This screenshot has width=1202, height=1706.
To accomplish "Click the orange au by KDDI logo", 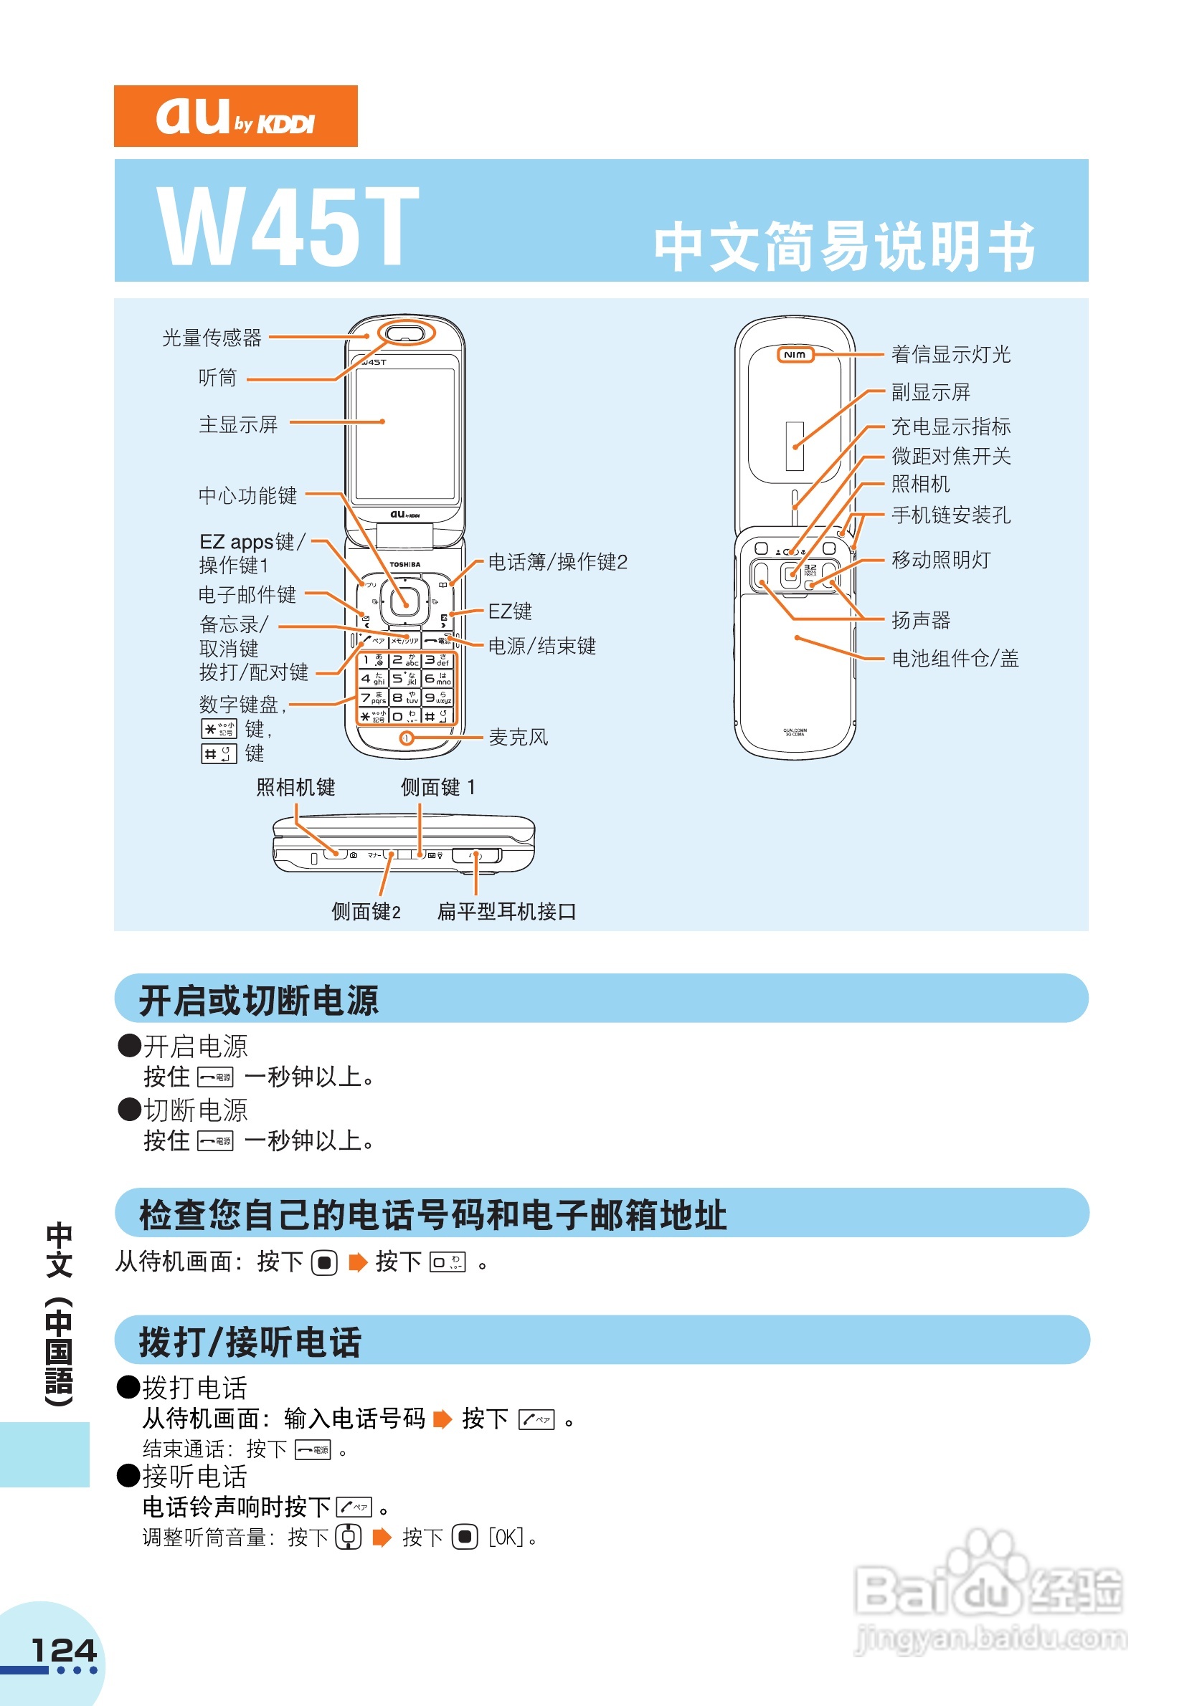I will click(x=235, y=117).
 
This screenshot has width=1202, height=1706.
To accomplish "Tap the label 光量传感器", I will click(x=212, y=338).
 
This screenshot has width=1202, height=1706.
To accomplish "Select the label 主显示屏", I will click(x=238, y=424).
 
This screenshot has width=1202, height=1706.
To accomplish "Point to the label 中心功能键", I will click(x=247, y=495).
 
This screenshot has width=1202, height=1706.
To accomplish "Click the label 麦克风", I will click(x=518, y=737).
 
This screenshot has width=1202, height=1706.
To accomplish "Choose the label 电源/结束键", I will click(x=542, y=646).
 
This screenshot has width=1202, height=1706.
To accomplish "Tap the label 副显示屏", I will click(x=931, y=392).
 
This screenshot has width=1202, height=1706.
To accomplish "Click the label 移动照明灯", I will click(x=941, y=560).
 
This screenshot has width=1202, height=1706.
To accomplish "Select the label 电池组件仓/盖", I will click(x=955, y=658).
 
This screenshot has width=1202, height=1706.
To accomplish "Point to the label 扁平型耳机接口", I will click(x=506, y=912).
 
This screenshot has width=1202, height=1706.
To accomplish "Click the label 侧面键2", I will click(x=366, y=912).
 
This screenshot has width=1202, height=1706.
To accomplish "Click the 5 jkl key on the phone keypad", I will click(x=405, y=678).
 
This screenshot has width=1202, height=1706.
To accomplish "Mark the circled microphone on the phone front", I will click(x=407, y=738).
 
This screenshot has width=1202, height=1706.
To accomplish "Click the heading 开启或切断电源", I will click(x=259, y=1000).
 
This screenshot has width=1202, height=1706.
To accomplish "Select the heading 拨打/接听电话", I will click(x=250, y=1342).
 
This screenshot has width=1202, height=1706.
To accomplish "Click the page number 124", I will click(x=64, y=1651).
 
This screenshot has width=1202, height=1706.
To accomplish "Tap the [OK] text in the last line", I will click(x=506, y=1537).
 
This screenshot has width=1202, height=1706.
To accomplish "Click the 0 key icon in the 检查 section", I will click(x=448, y=1262).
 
